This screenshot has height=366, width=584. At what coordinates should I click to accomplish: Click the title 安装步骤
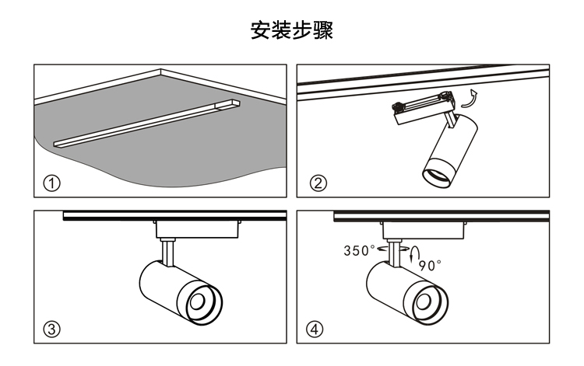click(291, 30)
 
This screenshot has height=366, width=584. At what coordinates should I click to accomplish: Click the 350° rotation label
click(360, 250)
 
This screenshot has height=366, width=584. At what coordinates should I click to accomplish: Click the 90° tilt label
click(430, 264)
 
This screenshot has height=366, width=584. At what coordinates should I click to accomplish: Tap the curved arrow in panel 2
click(468, 99)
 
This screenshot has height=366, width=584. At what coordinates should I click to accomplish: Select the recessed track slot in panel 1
click(148, 124)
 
